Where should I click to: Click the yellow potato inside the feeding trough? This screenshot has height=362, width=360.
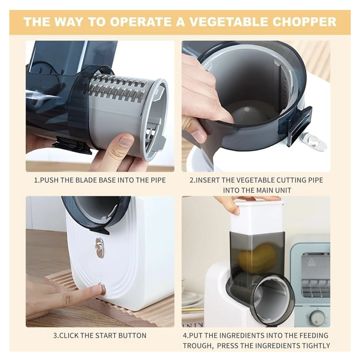256,260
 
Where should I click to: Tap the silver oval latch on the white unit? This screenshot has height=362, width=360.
99,247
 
